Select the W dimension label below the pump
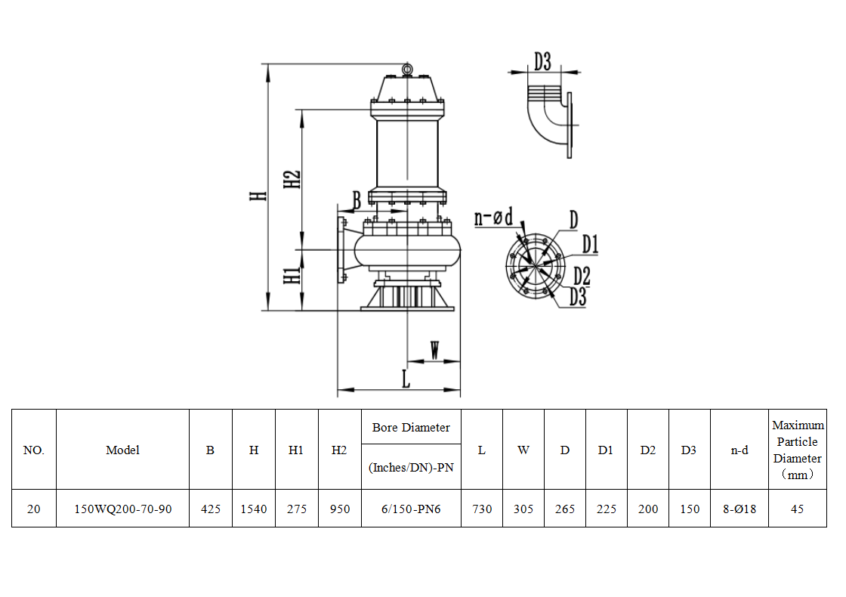click(434, 350)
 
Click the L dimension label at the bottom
click(406, 379)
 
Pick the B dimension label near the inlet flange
click(357, 200)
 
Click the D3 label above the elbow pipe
click(542, 61)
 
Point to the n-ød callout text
click(493, 218)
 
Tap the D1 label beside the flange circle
click(590, 244)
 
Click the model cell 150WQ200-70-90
click(122, 509)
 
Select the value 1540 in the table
click(254, 509)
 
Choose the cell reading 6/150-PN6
click(411, 509)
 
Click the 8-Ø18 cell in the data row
click(739, 509)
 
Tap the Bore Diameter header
click(411, 428)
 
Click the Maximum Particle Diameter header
click(798, 450)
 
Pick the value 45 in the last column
click(797, 509)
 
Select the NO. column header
click(34, 450)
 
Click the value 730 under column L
click(482, 509)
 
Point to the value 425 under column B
click(211, 509)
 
